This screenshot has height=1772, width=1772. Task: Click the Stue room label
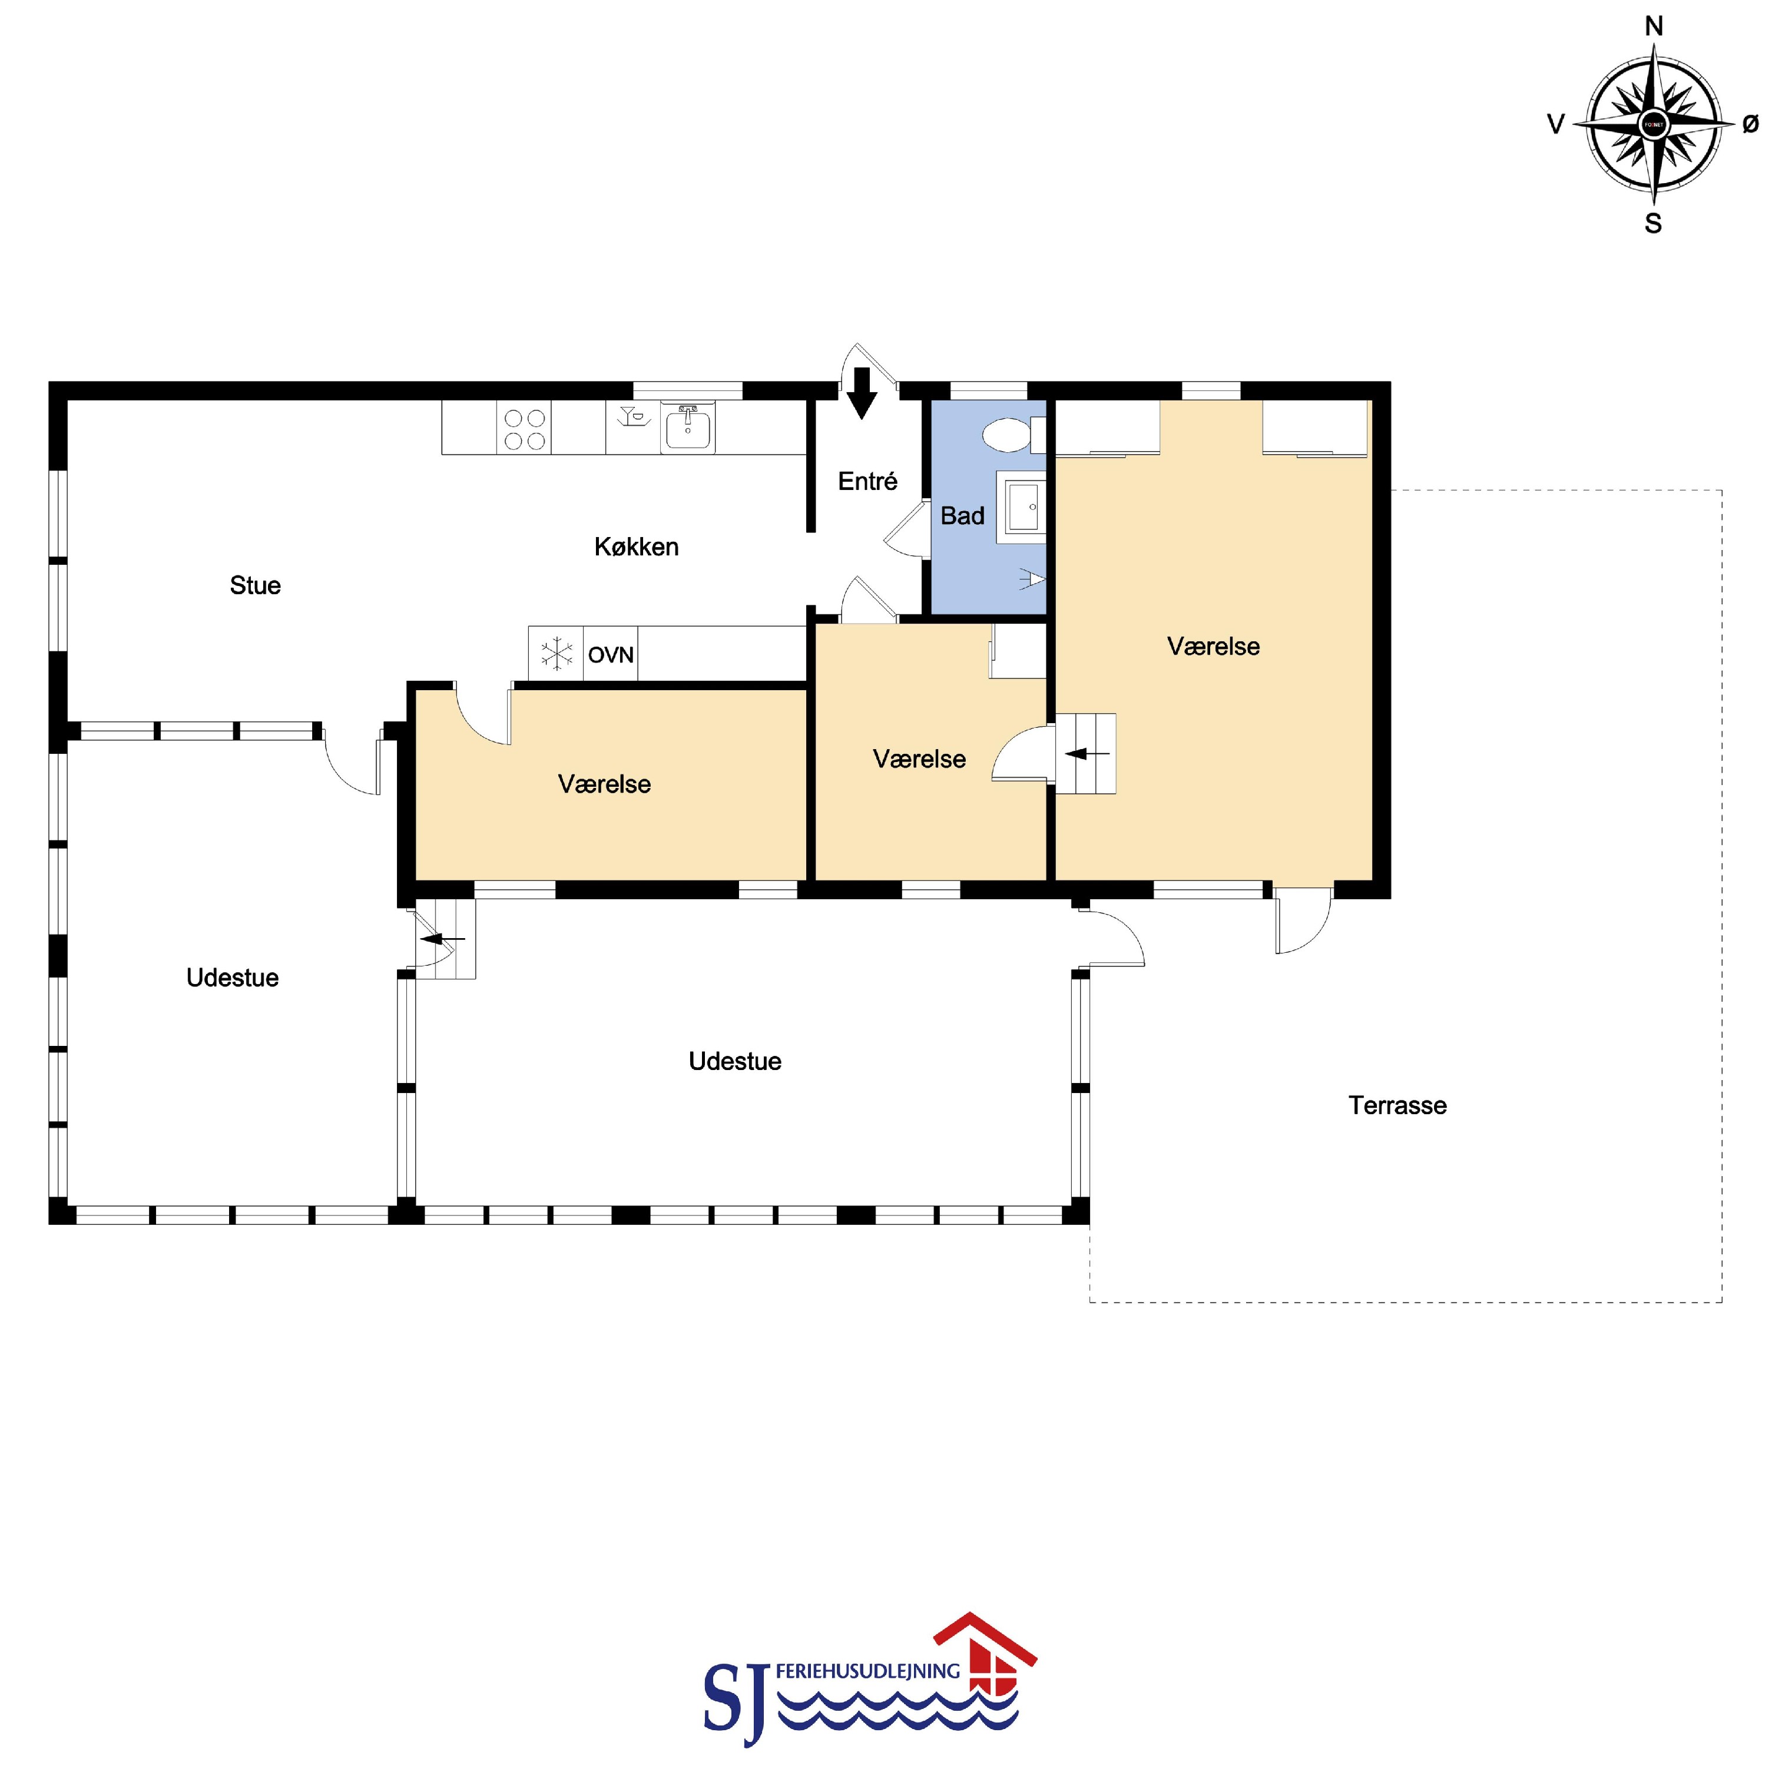(255, 585)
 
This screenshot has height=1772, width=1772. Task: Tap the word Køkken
(637, 546)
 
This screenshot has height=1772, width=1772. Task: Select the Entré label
(867, 481)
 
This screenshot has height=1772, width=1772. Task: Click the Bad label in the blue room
(962, 515)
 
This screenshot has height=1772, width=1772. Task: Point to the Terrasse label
(1397, 1105)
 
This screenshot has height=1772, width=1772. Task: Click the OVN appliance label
(611, 655)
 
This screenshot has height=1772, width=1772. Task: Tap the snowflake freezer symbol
(556, 654)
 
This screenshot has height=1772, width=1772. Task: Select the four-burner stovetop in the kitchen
(524, 428)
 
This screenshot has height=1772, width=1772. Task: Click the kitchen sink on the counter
(688, 428)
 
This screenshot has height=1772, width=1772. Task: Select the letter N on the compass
(1654, 27)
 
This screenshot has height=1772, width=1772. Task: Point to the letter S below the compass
(1654, 224)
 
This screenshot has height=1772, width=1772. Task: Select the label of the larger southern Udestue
(735, 1061)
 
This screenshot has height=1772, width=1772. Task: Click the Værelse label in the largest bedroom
(1214, 647)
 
